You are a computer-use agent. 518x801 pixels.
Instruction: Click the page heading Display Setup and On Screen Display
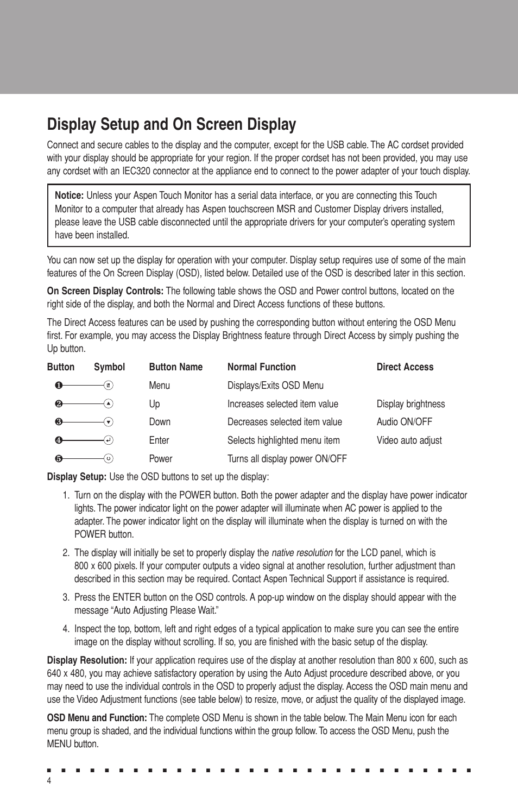[x=172, y=124]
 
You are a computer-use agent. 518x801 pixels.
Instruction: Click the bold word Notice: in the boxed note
[x=69, y=195]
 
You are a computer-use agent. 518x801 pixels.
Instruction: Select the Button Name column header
[x=175, y=367]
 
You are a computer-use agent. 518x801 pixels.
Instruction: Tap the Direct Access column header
[x=405, y=367]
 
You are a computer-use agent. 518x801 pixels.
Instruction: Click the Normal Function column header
[x=262, y=367]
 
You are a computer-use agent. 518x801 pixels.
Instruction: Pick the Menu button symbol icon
[x=109, y=385]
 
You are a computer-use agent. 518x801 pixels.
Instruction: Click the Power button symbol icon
[x=109, y=458]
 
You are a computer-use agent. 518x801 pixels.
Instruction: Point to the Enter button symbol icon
[x=109, y=440]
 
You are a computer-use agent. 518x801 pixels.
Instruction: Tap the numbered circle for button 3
[x=59, y=422]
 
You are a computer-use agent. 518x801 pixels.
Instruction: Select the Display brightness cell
[x=410, y=404]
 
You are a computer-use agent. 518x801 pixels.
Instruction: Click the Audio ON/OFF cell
[x=404, y=422]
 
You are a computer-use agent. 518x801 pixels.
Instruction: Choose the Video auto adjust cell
[x=409, y=440]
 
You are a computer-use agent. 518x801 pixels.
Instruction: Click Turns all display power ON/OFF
[x=287, y=459]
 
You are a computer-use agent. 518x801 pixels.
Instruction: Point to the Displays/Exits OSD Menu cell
[x=275, y=386]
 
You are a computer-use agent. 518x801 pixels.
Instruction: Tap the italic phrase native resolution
[x=302, y=553]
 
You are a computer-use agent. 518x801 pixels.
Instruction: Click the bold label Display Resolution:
[x=87, y=660]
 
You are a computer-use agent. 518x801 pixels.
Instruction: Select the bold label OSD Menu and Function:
[x=97, y=718]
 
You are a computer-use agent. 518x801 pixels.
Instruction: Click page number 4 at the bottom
[x=49, y=781]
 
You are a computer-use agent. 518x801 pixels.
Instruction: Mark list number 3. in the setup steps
[x=66, y=597]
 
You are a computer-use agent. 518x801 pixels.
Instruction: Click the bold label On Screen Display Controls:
[x=105, y=291]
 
